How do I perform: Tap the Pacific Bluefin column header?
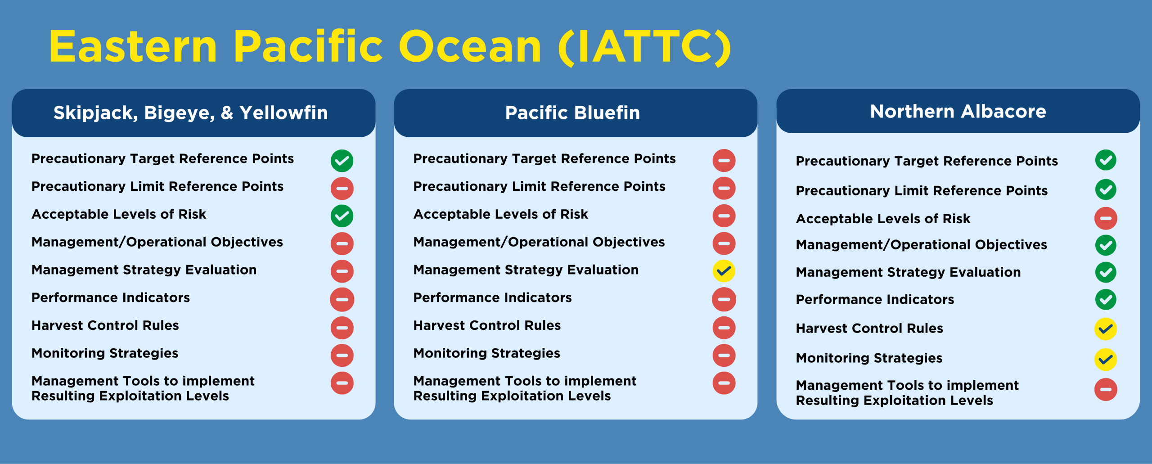coord(572,113)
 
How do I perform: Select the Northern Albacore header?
coord(958,111)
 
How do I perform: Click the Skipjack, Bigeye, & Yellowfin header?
coord(191,113)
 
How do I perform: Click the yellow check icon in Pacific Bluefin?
coord(724,271)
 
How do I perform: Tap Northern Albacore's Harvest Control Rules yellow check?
coord(1106,329)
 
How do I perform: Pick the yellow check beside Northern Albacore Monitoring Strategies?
coord(1106,360)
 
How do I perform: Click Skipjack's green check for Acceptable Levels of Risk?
coord(342,216)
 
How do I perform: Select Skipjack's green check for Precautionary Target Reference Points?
coord(342,161)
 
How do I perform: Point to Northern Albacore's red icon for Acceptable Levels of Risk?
coord(1106,218)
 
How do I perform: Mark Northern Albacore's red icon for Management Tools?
coord(1106,389)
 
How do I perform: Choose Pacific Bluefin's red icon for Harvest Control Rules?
coord(724,328)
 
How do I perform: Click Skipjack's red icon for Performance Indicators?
coord(342,300)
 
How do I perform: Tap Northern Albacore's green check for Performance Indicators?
coord(1106,299)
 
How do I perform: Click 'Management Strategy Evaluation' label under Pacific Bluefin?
coord(526,270)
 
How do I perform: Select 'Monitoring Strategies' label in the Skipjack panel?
coord(105,353)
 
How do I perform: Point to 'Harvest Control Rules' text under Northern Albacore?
coord(869,328)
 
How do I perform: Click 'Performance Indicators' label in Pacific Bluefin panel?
coord(492,297)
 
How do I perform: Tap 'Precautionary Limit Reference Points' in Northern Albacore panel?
coord(922,191)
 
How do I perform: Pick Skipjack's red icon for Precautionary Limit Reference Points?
coord(342,189)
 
